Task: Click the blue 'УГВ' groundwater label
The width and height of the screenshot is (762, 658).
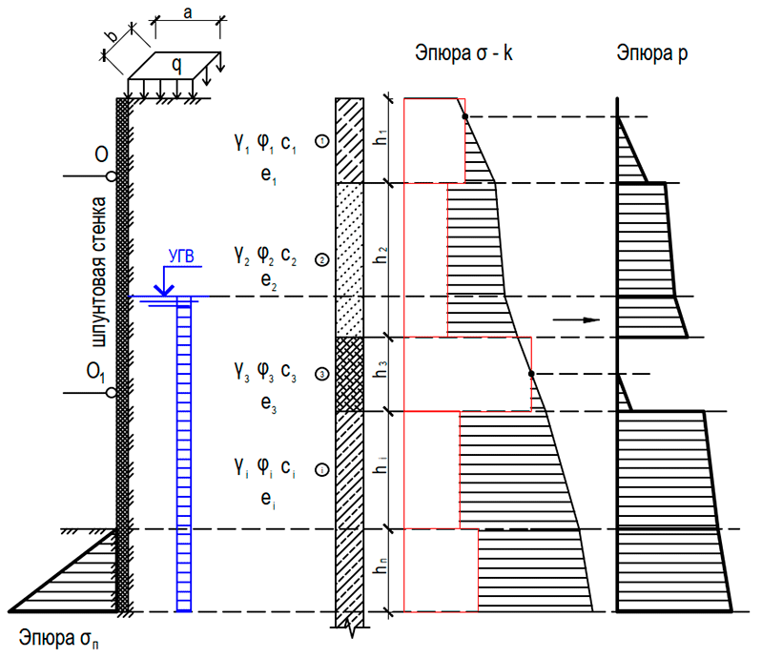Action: [181, 255]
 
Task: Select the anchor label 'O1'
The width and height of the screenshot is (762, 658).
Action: [97, 371]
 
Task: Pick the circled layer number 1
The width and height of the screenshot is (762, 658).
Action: [322, 142]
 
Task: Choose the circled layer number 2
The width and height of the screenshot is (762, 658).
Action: [322, 259]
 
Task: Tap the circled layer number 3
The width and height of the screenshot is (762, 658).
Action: [322, 375]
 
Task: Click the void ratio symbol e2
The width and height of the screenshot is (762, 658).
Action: [265, 283]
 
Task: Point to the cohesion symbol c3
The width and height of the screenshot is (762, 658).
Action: [293, 375]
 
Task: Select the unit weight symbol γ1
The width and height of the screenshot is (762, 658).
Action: [239, 143]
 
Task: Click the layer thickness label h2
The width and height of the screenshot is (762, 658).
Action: [381, 257]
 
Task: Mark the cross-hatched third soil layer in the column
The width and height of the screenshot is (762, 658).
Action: [350, 374]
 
